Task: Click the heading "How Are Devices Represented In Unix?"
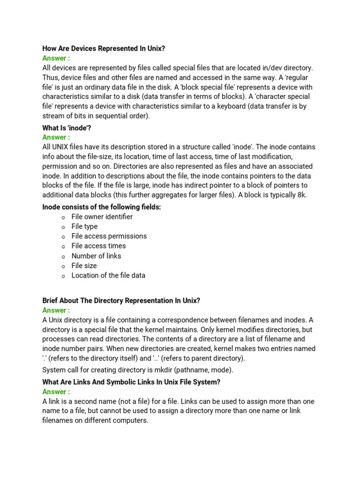click(x=104, y=48)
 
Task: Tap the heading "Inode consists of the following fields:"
click(x=102, y=207)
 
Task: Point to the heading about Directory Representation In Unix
click(x=121, y=300)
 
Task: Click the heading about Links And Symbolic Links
click(x=131, y=382)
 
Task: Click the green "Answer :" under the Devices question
click(x=56, y=58)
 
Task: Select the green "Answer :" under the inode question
click(x=56, y=137)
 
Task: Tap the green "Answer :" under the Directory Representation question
click(x=56, y=310)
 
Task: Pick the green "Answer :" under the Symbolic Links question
click(x=56, y=392)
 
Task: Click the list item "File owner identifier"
click(x=102, y=217)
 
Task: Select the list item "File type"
click(x=84, y=226)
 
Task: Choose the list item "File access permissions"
click(x=109, y=236)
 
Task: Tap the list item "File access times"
click(x=98, y=246)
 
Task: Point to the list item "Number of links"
click(x=96, y=256)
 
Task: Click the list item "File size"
click(x=84, y=266)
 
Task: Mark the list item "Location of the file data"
click(x=108, y=276)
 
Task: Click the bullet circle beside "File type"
click(x=63, y=227)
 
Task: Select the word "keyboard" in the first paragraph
click(x=230, y=106)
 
